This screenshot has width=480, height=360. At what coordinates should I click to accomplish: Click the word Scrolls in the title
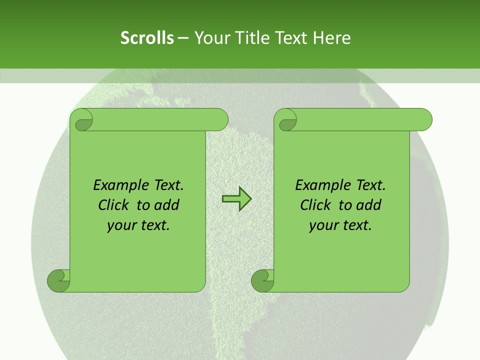tap(147, 38)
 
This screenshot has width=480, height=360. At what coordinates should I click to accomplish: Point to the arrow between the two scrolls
tap(236, 199)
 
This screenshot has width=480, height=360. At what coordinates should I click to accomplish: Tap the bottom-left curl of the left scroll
tap(58, 281)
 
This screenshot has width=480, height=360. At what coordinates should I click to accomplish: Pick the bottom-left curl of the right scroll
tap(262, 281)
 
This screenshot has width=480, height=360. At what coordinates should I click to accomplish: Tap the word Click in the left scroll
tap(114, 205)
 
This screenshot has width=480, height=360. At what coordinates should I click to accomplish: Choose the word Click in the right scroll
tap(315, 205)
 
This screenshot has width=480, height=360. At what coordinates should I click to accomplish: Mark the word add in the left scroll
tap(166, 205)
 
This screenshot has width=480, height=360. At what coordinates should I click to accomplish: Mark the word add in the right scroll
tap(368, 205)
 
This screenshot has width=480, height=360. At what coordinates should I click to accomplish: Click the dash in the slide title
tap(183, 38)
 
